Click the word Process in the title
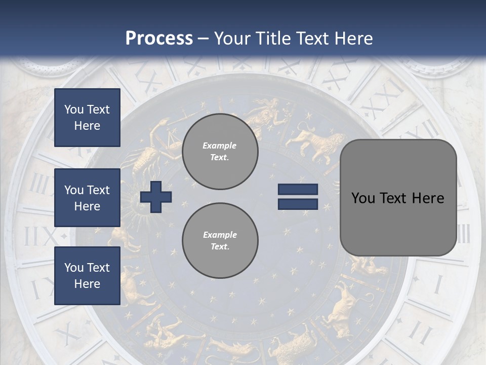point(159,39)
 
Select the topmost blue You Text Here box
point(87,118)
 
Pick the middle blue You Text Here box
point(87,198)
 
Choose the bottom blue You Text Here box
point(87,276)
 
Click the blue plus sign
point(156,197)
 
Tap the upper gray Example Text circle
point(220,152)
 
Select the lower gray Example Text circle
point(220,241)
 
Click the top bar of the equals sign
point(298,190)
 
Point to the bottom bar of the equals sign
point(298,204)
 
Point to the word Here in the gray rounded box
point(428,198)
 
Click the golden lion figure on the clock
point(316,142)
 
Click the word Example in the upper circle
point(220,146)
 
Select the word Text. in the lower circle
point(220,247)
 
